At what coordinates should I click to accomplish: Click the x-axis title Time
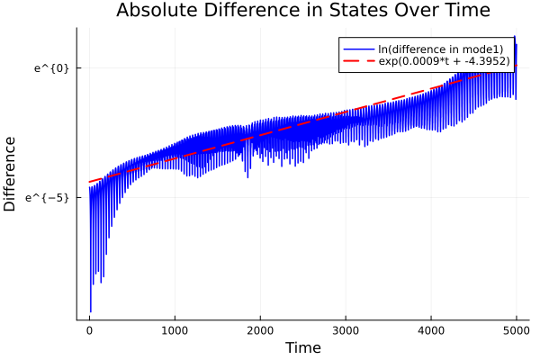[302, 348]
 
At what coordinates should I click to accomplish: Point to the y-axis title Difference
[11, 174]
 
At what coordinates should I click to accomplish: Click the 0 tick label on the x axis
[89, 330]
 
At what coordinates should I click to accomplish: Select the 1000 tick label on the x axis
[175, 330]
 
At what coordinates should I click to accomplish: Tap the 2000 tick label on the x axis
[260, 330]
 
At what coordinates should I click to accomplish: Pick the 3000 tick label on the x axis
[346, 330]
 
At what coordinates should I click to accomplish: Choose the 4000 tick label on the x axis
[431, 330]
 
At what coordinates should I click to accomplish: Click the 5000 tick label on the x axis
[516, 330]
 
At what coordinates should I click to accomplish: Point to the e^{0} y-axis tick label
[51, 67]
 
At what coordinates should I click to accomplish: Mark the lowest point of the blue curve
[91, 310]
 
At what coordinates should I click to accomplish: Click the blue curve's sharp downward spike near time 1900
[247, 177]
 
